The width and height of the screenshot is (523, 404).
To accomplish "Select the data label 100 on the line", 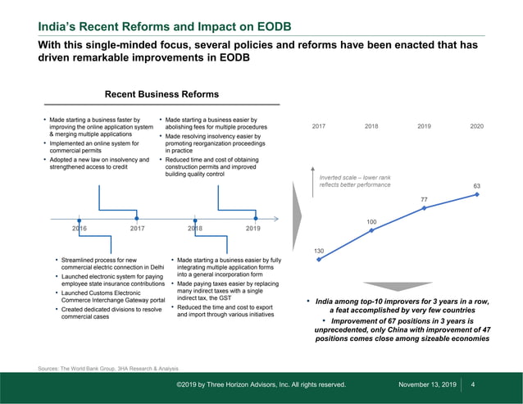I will tap(371, 221).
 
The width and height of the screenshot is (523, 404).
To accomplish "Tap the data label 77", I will tap(425, 199).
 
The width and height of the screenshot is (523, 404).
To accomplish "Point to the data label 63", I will tap(478, 185).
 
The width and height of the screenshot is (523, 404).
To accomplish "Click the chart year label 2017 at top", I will tap(319, 126).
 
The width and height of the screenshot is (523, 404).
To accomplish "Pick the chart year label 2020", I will tap(477, 126).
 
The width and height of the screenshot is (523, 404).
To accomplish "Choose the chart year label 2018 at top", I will tap(371, 126).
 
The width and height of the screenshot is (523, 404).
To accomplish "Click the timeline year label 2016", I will tap(80, 229).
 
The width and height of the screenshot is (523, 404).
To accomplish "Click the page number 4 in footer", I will tap(474, 384).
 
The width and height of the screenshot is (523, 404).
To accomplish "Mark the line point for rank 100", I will tap(371, 230).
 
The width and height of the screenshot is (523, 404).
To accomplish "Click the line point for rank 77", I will tap(425, 208).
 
